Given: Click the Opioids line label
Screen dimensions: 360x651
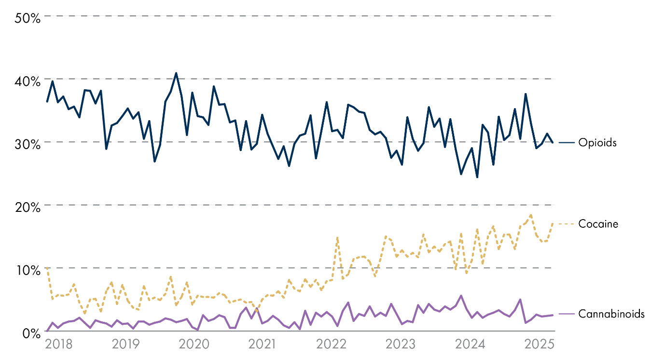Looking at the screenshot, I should pyautogui.click(x=597, y=143).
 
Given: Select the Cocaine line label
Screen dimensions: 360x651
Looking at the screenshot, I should pyautogui.click(x=598, y=224).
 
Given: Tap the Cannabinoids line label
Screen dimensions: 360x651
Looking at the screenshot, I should pyautogui.click(x=611, y=314).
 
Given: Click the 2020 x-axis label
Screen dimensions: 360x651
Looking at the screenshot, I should pyautogui.click(x=194, y=345).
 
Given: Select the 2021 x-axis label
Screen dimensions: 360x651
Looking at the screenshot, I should pyautogui.click(x=262, y=345).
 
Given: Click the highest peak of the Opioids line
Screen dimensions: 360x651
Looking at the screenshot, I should pyautogui.click(x=176, y=73).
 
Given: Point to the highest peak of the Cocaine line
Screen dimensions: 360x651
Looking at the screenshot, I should pyautogui.click(x=531, y=215).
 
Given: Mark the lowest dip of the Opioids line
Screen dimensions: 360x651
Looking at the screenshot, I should pyautogui.click(x=477, y=177).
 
